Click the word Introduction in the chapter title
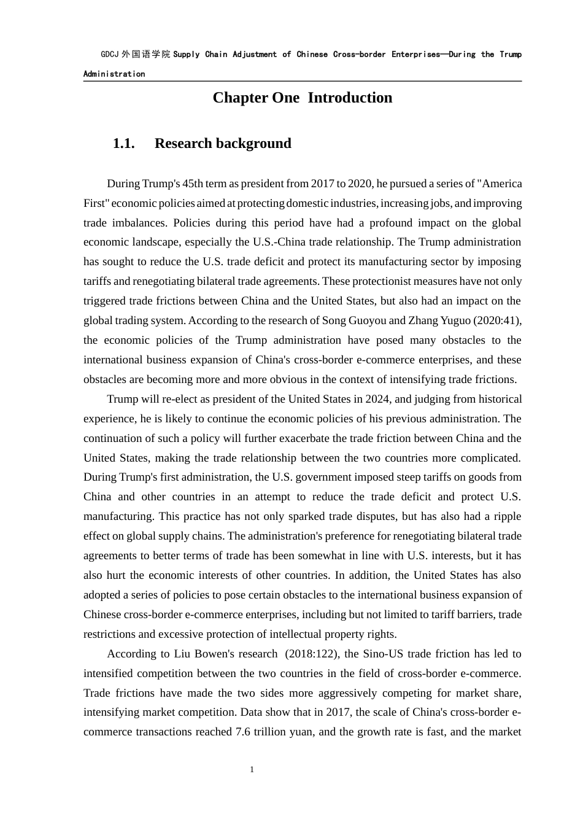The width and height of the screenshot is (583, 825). [350, 98]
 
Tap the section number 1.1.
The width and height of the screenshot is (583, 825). [123, 144]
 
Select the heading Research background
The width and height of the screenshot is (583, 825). [223, 144]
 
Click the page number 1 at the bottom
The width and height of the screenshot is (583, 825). [252, 770]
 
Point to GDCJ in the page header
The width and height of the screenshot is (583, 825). [110, 55]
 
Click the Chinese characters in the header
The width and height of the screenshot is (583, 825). [145, 55]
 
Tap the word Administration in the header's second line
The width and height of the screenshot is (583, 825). [114, 74]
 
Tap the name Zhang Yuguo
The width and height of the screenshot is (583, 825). [439, 320]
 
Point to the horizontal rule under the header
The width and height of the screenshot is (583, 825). [303, 81]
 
